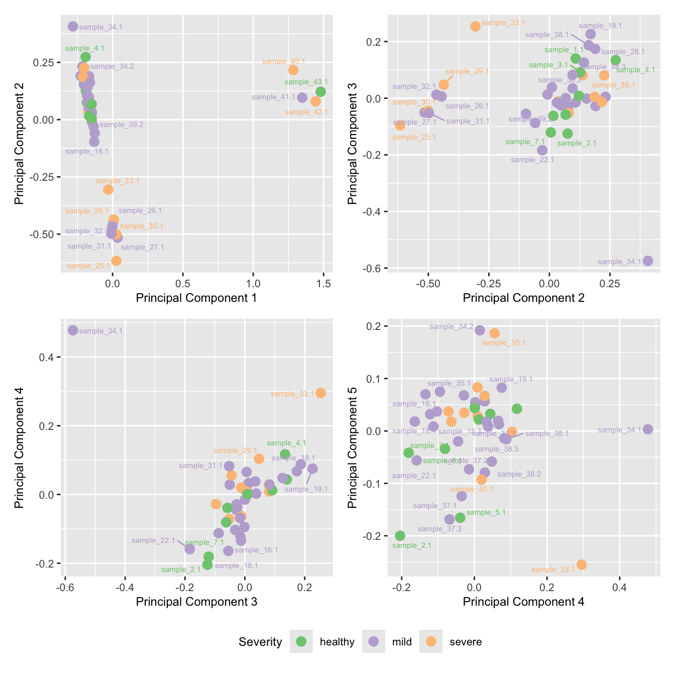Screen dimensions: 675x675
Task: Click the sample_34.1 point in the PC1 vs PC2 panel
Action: (73, 27)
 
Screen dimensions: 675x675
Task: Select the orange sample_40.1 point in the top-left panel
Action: (293, 70)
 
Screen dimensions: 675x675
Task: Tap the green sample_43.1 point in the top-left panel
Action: (320, 92)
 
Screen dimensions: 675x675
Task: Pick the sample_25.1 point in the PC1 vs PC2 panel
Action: (116, 261)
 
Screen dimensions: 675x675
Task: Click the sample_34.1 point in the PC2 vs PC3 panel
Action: (648, 261)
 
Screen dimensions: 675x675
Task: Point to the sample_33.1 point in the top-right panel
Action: (475, 26)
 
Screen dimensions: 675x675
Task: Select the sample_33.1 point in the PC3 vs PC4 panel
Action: (320, 393)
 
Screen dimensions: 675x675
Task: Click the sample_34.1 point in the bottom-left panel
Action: (73, 330)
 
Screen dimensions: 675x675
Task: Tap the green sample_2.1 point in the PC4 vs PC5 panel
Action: (400, 536)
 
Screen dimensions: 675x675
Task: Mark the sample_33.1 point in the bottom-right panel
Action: (582, 565)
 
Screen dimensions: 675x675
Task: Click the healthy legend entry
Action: (301, 642)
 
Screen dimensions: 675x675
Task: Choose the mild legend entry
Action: (374, 642)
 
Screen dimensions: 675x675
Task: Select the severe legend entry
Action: (431, 642)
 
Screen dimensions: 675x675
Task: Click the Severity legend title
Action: (260, 642)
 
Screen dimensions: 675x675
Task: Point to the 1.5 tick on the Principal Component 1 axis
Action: (324, 284)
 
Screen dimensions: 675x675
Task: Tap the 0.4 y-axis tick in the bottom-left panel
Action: (47, 357)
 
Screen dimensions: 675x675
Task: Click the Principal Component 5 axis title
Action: (352, 447)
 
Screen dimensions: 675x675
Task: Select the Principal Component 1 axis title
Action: (196, 298)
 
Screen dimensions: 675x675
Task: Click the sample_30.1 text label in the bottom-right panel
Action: (503, 343)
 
